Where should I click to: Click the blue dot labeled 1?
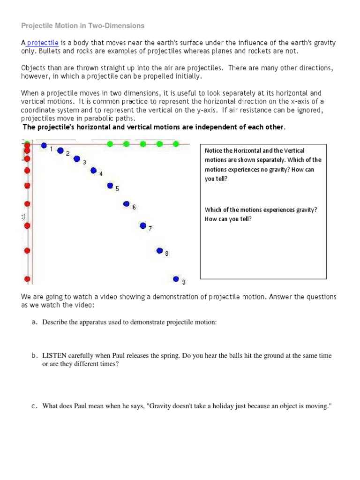[x=44, y=146]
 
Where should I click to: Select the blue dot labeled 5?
[x=110, y=186]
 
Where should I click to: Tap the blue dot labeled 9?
[x=176, y=279]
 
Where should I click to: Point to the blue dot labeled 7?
[x=143, y=225]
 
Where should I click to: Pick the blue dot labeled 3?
[x=77, y=159]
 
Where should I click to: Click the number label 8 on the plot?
[x=167, y=254]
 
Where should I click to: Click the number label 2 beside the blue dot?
[x=67, y=153]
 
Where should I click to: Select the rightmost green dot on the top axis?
[x=176, y=144]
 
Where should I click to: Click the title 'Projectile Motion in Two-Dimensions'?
[x=83, y=25]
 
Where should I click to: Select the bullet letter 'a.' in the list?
[x=35, y=322]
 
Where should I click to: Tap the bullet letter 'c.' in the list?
[x=35, y=406]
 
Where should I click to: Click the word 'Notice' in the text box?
[x=213, y=150]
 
